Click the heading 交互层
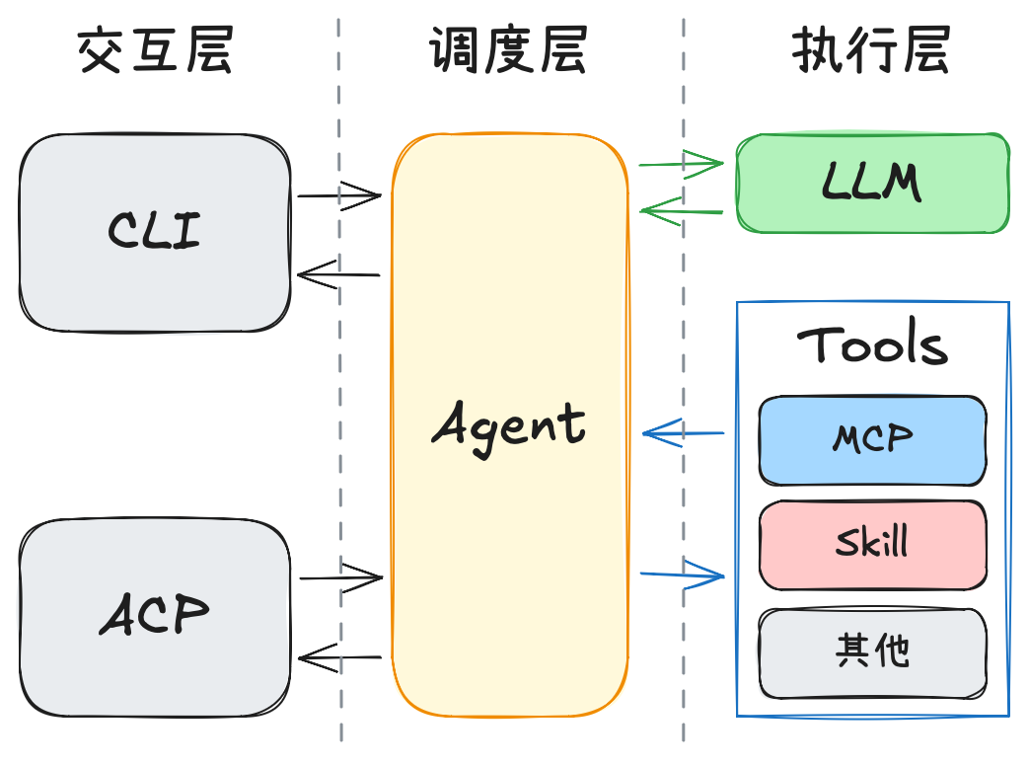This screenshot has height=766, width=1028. pos(155,50)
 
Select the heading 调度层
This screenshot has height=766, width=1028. pos(508,50)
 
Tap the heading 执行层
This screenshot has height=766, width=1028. pos(871,50)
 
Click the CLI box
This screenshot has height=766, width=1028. pos(155,232)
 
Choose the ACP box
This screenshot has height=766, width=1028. pos(155,618)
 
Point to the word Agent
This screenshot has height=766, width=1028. pos(509,425)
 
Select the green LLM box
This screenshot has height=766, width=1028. pos(873,184)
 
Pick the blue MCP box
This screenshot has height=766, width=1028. pos(873,440)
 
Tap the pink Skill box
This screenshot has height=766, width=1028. pos(873,545)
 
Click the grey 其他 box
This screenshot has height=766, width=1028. pos(873,652)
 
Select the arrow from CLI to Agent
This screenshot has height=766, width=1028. pos(339,195)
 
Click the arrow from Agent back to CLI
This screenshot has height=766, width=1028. pos(339,275)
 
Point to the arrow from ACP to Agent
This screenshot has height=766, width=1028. pos(340,576)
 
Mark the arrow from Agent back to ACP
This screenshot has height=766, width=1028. pos(340,655)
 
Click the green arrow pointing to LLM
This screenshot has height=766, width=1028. pos(682,164)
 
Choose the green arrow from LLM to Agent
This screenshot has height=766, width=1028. pos(682,210)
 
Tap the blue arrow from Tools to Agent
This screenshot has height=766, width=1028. pos(683,432)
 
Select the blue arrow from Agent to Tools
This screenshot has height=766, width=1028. pos(683,574)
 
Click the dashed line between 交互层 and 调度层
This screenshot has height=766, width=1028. pos(340,395)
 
